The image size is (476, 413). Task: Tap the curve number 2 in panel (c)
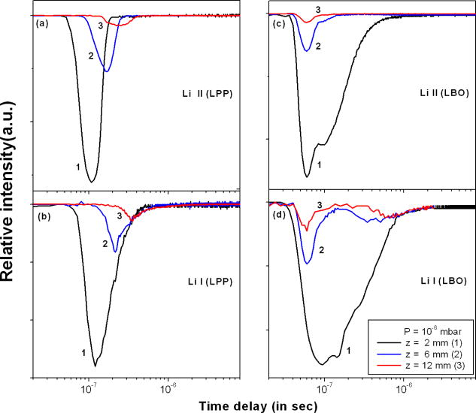318,47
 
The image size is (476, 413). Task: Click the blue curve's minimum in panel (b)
115,251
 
